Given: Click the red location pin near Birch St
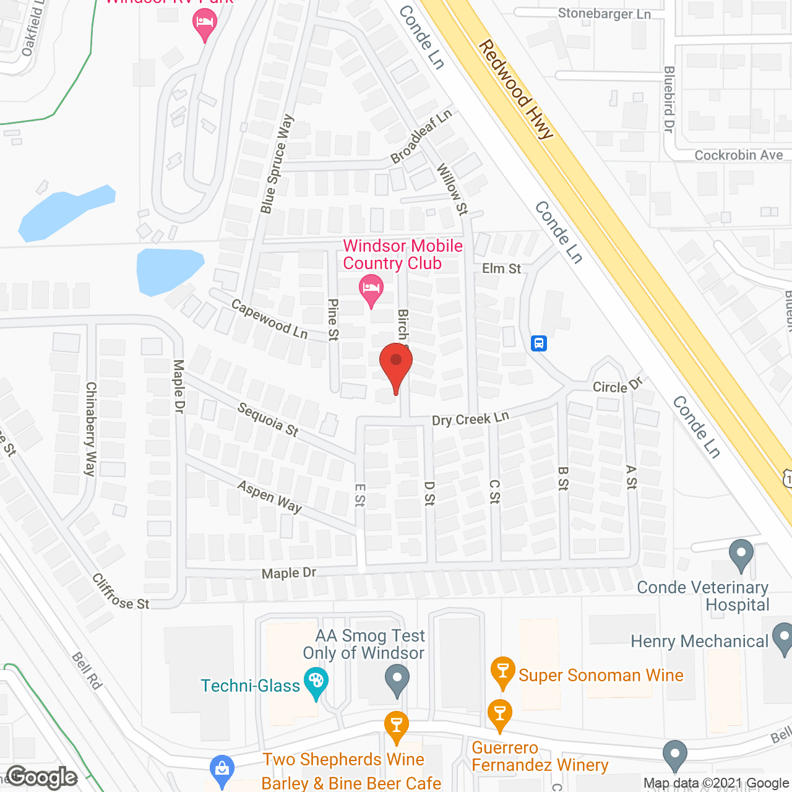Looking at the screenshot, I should click(x=395, y=363).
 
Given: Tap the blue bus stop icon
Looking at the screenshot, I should click(x=539, y=343).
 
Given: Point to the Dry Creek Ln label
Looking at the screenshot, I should click(x=470, y=420).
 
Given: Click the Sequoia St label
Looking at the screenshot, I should click(x=268, y=420).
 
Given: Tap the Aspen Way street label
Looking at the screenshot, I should click(x=270, y=497).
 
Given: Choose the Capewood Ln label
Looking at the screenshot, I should click(x=269, y=319).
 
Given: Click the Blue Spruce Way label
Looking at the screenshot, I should click(x=277, y=165).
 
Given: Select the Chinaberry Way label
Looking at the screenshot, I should click(x=91, y=429).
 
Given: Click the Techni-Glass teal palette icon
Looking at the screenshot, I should click(x=316, y=682).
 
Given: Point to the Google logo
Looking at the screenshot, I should click(x=42, y=777).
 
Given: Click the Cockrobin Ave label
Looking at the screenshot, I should click(x=738, y=155).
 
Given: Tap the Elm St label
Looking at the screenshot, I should click(x=501, y=269).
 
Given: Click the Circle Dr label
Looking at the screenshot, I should click(x=618, y=386).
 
